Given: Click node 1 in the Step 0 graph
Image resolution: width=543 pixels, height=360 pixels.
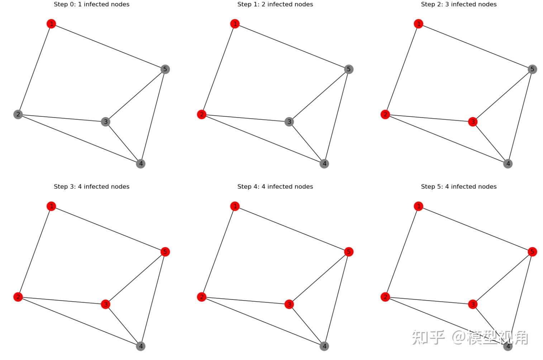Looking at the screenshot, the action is click(51, 24).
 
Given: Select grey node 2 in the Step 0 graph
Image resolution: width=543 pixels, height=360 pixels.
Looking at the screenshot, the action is click(18, 114).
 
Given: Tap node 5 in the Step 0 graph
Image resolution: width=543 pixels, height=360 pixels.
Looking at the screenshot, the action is click(165, 69).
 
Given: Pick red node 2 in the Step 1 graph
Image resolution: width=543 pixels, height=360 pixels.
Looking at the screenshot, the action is click(202, 114).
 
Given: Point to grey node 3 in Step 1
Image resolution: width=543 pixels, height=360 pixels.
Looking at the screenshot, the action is click(289, 122).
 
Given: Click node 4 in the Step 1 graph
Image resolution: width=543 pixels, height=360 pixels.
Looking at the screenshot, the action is click(324, 164).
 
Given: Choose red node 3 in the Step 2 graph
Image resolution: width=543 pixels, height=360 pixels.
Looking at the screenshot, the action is click(473, 122).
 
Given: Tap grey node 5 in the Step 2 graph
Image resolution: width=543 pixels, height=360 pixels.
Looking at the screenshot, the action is click(532, 69).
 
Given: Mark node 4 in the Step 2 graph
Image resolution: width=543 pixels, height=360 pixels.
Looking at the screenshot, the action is click(508, 164).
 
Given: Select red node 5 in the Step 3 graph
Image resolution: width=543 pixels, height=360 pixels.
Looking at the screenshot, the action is click(165, 252).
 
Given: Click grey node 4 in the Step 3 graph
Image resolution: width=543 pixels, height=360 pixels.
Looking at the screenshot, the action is click(140, 346).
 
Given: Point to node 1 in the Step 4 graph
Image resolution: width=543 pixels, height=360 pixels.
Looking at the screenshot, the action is click(235, 206).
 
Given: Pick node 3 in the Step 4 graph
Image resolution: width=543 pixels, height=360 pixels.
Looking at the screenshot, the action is click(289, 304).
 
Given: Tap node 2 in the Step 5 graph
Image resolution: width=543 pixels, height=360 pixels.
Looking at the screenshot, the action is click(385, 297).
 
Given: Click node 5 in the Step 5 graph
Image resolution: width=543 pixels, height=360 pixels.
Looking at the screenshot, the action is click(532, 252).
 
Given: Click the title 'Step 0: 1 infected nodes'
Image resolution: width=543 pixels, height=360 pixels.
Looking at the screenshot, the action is click(91, 4).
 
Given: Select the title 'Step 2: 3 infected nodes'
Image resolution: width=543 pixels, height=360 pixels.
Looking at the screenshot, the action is click(459, 4).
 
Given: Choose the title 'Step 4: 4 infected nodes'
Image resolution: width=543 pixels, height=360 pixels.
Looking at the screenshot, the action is click(275, 187).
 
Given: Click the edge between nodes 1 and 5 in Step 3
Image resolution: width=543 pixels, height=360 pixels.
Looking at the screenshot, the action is click(108, 229).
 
